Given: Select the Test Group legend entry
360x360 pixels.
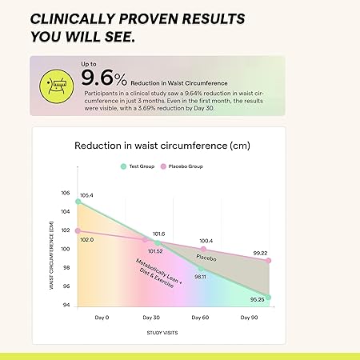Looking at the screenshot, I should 141,166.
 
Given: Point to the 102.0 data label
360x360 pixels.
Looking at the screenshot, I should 86,239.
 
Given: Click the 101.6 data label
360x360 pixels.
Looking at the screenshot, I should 158,234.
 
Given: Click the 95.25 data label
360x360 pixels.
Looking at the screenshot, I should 257,300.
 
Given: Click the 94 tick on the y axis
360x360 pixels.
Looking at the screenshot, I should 66,305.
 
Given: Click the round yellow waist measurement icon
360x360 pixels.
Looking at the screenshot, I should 58,82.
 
